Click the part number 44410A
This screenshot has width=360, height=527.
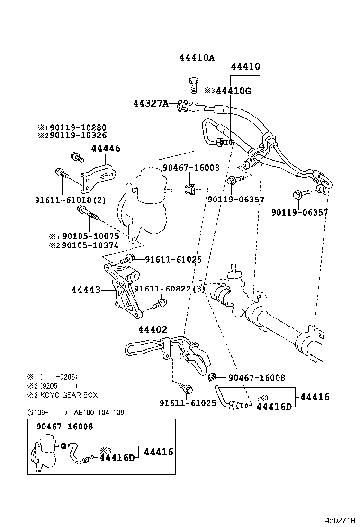[197, 58]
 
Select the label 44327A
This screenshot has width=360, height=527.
[151, 104]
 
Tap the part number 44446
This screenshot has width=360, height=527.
[106, 148]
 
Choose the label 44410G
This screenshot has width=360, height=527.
[234, 90]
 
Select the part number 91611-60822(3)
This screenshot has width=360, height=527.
[169, 289]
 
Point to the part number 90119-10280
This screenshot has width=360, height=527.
[78, 127]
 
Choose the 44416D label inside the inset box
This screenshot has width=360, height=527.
[117, 458]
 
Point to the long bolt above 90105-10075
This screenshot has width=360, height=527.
[88, 213]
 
